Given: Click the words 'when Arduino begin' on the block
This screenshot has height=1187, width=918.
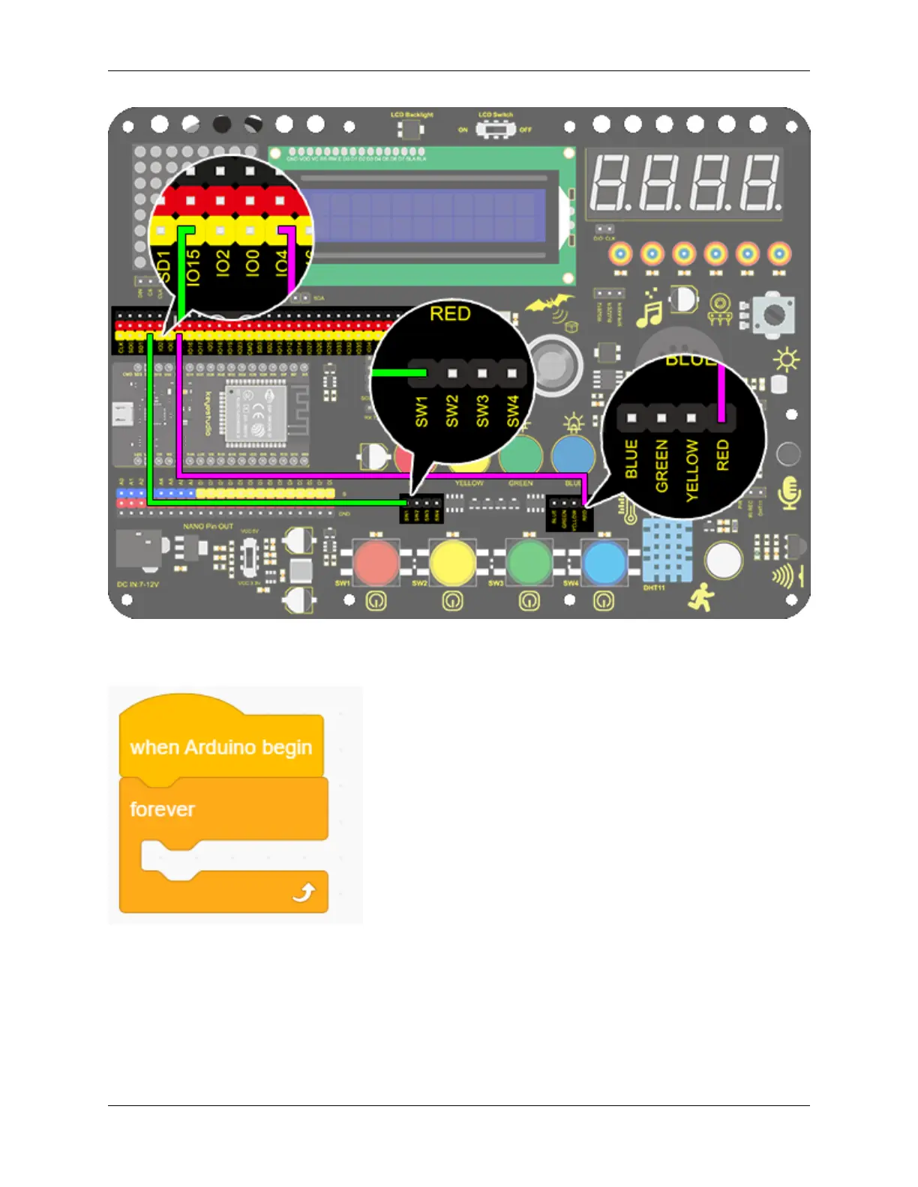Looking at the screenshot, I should [220, 747].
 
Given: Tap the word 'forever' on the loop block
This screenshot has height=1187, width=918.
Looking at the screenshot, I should [162, 809].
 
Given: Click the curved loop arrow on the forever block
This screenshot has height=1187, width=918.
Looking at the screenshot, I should [304, 892].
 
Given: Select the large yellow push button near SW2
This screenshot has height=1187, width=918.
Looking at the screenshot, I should [451, 562].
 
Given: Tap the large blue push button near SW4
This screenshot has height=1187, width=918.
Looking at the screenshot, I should [604, 562].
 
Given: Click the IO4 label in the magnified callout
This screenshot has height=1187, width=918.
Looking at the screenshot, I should [281, 264].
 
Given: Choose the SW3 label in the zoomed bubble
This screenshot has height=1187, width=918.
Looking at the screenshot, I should [481, 411].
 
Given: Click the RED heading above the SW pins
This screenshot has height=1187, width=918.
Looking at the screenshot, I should [450, 313].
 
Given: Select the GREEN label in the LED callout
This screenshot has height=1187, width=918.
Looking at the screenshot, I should [661, 465].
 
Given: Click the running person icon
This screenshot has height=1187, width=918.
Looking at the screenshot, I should [701, 597].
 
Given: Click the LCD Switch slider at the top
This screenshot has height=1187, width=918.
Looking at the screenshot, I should [496, 130].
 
